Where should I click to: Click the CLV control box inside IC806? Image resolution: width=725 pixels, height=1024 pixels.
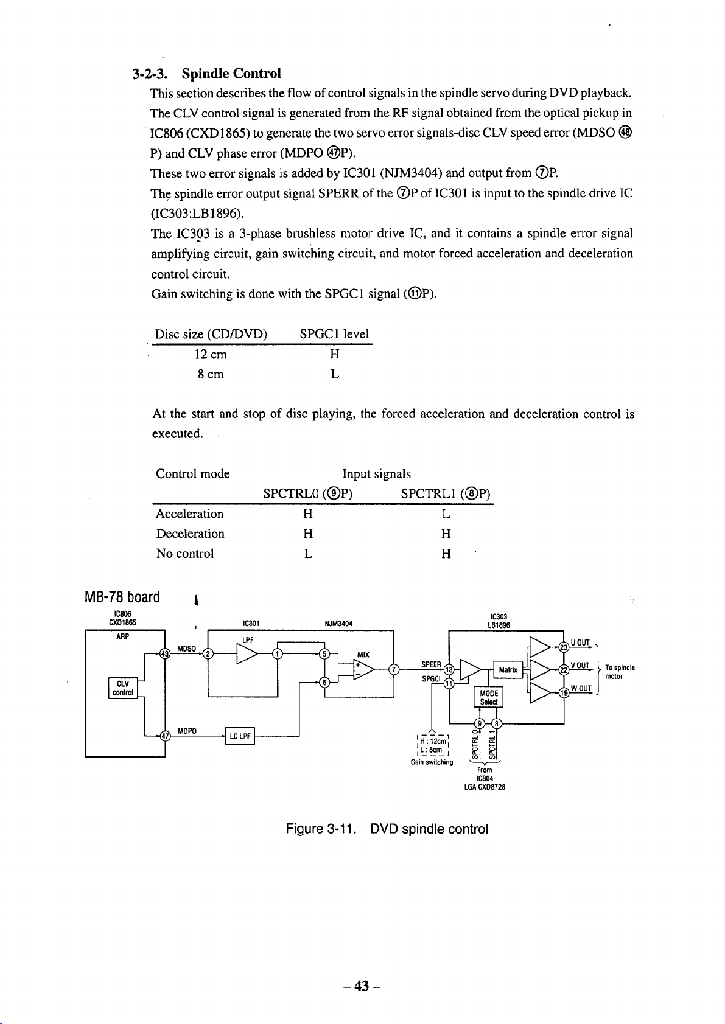(x=122, y=688)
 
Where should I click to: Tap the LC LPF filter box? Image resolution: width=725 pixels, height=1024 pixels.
(x=240, y=736)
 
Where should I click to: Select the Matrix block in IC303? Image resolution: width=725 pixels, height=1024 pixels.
(x=508, y=670)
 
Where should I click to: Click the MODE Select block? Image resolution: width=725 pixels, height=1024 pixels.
(x=489, y=697)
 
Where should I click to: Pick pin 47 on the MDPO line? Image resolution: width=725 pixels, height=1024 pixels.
(x=165, y=736)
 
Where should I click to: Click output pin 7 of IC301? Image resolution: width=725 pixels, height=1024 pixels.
(x=393, y=670)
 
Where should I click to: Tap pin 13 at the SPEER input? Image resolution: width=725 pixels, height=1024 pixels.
(x=449, y=670)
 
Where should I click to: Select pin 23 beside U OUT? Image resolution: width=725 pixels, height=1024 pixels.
(x=564, y=647)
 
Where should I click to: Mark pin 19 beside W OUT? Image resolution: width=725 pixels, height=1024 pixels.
(x=564, y=693)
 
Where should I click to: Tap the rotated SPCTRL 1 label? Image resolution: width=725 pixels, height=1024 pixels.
(x=492, y=745)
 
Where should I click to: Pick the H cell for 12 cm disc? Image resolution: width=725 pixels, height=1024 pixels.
(x=335, y=354)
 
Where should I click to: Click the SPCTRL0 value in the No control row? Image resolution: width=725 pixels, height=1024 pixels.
(x=308, y=554)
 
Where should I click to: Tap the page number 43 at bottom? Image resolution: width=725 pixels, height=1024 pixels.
(x=362, y=986)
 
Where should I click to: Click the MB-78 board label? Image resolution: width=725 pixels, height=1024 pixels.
(x=122, y=597)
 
